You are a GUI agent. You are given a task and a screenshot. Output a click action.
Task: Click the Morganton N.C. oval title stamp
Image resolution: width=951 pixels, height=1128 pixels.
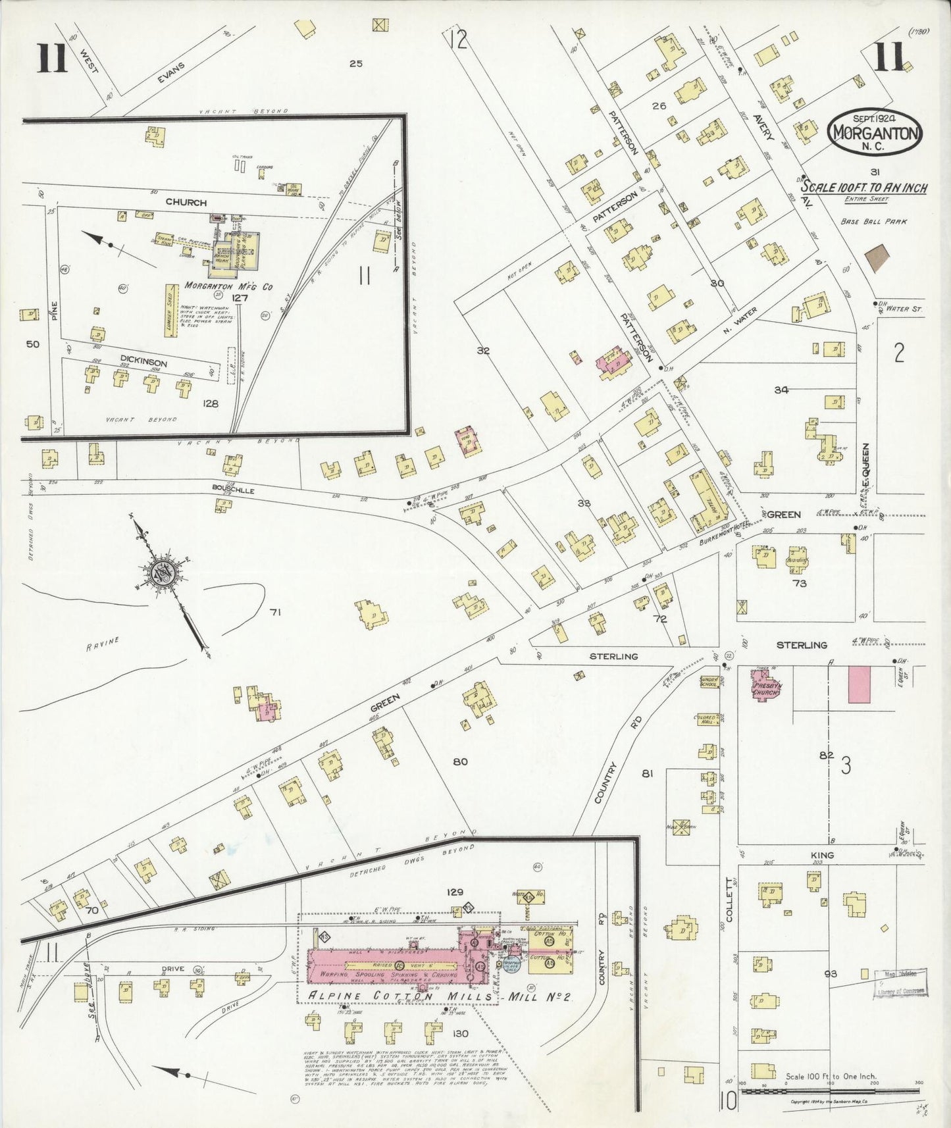point(875,131)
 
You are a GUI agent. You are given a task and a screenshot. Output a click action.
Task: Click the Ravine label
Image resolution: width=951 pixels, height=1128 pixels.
point(102,643)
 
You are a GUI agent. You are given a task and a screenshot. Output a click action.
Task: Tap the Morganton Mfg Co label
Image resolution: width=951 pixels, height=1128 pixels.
point(228,286)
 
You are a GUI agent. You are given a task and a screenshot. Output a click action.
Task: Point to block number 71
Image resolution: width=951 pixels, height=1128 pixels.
point(275,612)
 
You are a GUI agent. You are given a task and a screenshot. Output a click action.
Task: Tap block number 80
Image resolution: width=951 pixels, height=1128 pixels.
point(460,761)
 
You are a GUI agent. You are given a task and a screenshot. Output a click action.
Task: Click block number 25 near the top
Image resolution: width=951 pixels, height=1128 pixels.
point(356,64)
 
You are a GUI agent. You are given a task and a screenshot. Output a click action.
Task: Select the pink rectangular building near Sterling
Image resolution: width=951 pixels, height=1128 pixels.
point(859,684)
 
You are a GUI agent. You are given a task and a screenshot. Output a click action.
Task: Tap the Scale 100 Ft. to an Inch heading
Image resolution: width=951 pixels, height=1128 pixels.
point(863,188)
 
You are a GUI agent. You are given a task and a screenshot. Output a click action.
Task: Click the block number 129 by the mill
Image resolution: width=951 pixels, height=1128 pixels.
point(454,892)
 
